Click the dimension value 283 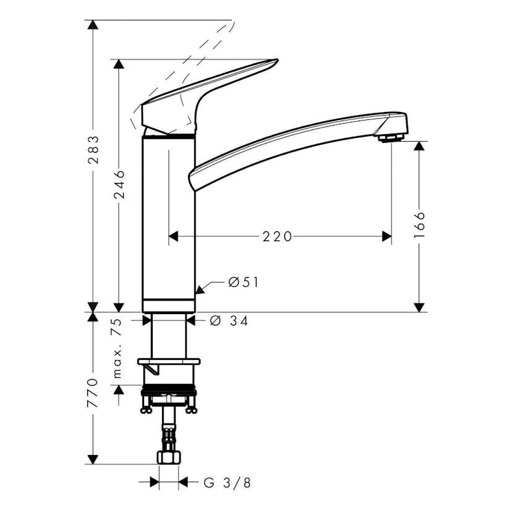(x=93, y=150)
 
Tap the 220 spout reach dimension (x=277, y=236)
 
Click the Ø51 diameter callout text (x=243, y=283)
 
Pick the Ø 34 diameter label (x=229, y=321)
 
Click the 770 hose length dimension (x=93, y=393)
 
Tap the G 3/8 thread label (x=227, y=483)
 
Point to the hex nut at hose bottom (x=169, y=458)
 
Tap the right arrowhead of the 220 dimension (x=386, y=236)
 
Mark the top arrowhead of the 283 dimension (x=93, y=25)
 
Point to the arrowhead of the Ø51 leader (x=199, y=288)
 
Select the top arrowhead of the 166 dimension (x=419, y=146)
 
